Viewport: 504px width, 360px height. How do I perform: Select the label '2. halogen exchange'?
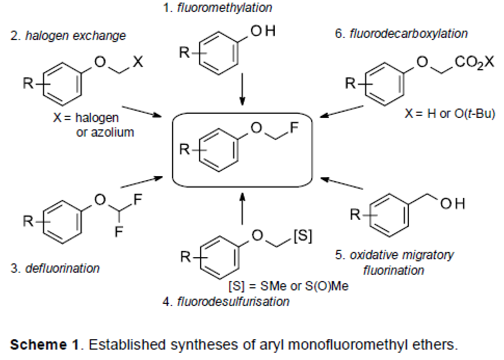[68, 36]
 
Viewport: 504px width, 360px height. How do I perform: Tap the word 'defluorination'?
[62, 269]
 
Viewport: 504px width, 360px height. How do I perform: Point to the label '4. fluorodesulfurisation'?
[226, 302]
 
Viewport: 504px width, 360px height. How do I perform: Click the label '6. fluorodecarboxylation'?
[402, 34]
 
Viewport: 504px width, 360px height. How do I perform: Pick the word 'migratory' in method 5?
[427, 256]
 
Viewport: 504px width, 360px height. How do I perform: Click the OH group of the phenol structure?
[263, 32]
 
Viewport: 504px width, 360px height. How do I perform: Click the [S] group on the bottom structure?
[303, 236]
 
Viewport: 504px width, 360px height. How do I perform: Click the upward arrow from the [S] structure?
[242, 208]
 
